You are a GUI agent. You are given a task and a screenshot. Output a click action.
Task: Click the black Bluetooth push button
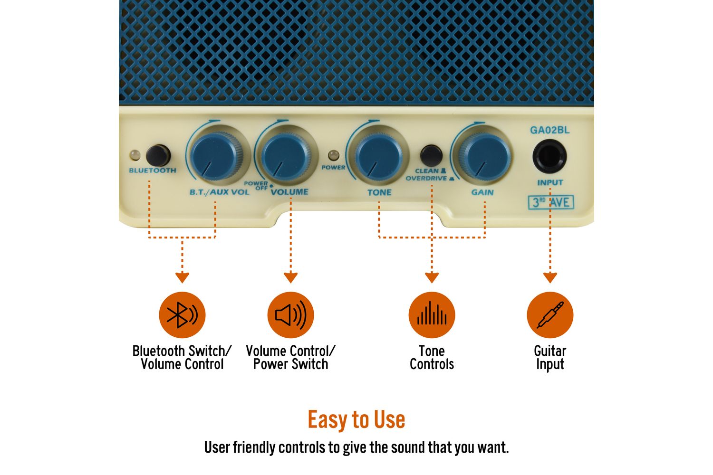158,156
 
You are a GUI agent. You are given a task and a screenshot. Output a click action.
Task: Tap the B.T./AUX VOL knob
216,156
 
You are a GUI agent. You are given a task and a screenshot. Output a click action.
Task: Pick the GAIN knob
484,157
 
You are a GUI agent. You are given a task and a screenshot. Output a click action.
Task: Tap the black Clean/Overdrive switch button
431,155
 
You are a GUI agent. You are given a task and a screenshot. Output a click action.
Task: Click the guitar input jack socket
549,156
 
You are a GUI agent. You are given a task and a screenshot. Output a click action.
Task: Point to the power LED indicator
333,156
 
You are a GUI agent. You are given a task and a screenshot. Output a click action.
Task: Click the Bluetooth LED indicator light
135,155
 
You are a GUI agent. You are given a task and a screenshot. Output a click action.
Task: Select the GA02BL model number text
549,130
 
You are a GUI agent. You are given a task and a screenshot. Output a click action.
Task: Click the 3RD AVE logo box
550,202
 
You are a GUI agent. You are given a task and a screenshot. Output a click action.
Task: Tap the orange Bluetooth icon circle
182,314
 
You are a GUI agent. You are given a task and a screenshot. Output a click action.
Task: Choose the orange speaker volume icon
290,314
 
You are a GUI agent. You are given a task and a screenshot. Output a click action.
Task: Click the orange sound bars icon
432,314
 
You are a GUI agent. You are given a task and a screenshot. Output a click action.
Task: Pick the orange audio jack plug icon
549,314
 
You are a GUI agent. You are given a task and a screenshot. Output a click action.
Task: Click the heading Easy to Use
356,419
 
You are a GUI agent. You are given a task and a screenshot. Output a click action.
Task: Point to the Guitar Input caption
549,358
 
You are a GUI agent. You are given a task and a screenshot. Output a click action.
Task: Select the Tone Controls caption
432,358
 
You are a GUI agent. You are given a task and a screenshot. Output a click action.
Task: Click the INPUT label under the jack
550,182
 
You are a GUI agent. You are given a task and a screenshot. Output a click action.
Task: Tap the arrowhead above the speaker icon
290,277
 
